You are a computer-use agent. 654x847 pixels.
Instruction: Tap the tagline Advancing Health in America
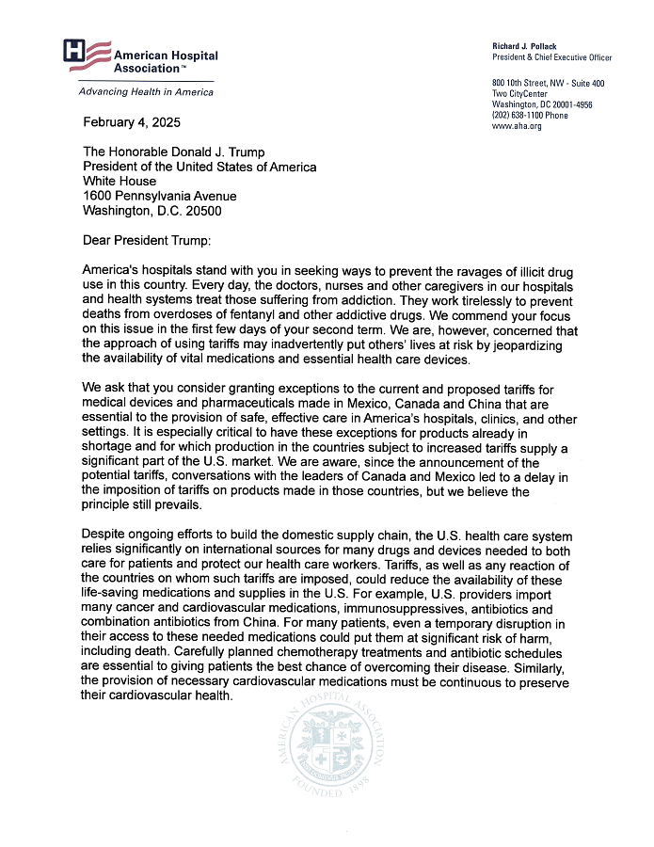pos(146,91)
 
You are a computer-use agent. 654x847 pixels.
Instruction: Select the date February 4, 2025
pos(132,122)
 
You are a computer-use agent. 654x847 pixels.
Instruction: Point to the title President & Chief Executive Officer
pos(551,57)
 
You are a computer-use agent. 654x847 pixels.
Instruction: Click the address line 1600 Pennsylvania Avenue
pos(160,196)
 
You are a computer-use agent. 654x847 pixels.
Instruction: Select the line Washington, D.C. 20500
pos(152,211)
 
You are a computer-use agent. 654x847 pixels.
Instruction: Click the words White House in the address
pos(120,182)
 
